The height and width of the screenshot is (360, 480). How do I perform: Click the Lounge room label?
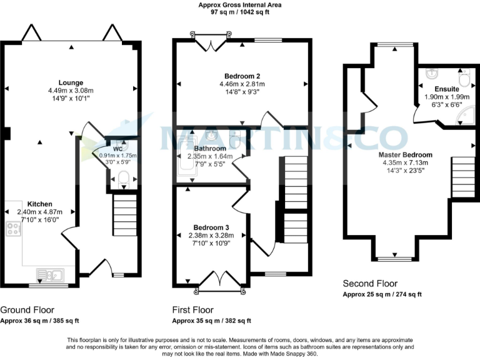tap(71, 82)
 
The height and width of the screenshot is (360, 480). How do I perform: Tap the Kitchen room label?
tap(39, 204)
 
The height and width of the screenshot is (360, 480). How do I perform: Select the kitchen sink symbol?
tap(49, 274)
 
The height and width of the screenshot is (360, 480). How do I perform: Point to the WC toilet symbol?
tap(123, 179)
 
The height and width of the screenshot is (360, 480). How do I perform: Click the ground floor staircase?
tap(124, 215)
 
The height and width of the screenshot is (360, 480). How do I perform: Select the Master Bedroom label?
tap(405, 154)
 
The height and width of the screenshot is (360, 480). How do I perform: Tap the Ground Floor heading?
tap(27, 309)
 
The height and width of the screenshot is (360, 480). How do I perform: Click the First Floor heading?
tap(192, 309)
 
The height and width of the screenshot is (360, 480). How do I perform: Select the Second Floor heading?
tap(370, 284)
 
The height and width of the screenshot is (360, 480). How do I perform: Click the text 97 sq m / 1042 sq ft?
tap(239, 12)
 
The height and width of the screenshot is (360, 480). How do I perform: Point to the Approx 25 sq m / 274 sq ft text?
tap(382, 295)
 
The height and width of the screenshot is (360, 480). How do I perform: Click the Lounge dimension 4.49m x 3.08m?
tap(71, 90)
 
